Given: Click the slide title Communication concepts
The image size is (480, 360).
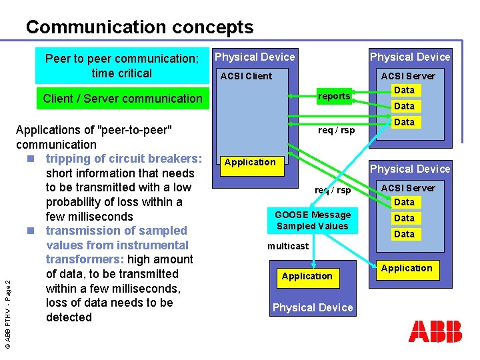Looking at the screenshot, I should pyautogui.click(x=139, y=27).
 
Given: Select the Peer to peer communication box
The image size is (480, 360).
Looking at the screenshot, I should pyautogui.click(x=122, y=66).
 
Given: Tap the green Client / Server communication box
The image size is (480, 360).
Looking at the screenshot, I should pyautogui.click(x=122, y=99).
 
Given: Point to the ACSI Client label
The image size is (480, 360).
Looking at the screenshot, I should pyautogui.click(x=246, y=76).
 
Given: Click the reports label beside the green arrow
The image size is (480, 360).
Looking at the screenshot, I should pyautogui.click(x=334, y=96).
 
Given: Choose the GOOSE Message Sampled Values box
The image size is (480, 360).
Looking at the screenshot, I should pyautogui.click(x=312, y=220).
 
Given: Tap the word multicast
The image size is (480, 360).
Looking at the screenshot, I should pyautogui.click(x=288, y=246).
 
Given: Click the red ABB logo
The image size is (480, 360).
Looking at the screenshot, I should pyautogui.click(x=435, y=331).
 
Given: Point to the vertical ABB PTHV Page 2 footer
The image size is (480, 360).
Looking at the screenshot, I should pyautogui.click(x=8, y=305).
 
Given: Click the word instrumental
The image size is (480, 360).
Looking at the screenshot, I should pyautogui.click(x=161, y=245).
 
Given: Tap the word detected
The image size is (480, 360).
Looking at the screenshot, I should pyautogui.click(x=69, y=317).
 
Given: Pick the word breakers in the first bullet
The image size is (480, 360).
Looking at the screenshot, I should pyautogui.click(x=172, y=159).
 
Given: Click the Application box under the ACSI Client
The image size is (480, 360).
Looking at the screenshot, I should pyautogui.click(x=250, y=163).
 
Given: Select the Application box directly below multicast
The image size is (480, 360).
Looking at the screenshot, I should pyautogui.click(x=307, y=276).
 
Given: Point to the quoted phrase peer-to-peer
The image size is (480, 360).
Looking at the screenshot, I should pyautogui.click(x=135, y=130).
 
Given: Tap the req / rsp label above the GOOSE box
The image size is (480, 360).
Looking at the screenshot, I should pyautogui.click(x=333, y=191).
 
